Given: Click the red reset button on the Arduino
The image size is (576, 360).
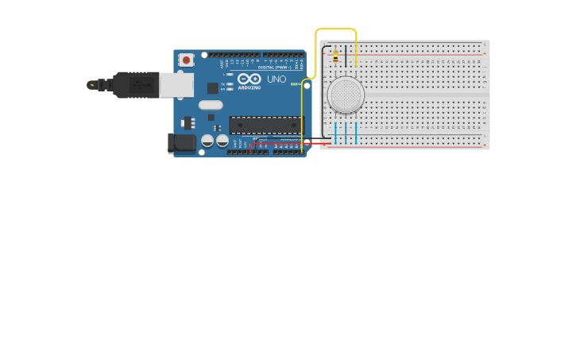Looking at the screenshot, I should click(x=186, y=60).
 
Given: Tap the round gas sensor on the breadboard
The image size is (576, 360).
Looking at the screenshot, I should click(x=346, y=95).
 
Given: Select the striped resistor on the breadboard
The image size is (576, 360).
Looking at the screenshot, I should click(x=335, y=57).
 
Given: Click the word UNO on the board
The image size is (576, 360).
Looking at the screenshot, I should click(x=276, y=79).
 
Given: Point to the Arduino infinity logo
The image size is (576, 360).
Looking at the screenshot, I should click(x=249, y=79).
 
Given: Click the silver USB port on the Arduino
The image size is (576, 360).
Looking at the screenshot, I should click(x=176, y=85).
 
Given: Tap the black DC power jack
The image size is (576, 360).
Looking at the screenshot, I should click(x=180, y=143).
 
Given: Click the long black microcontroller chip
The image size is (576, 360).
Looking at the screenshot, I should click(x=265, y=125).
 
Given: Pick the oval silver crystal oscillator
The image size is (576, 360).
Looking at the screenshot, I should click(x=211, y=105).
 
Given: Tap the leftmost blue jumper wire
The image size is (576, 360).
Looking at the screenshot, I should click(x=335, y=134).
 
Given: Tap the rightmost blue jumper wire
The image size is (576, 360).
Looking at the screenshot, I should click(x=356, y=134).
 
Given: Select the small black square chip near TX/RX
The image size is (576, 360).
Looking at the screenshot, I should click(x=213, y=88).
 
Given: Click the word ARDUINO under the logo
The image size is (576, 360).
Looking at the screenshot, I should click(x=249, y=88).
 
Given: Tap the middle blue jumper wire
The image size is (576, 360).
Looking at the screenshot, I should click(x=346, y=134).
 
